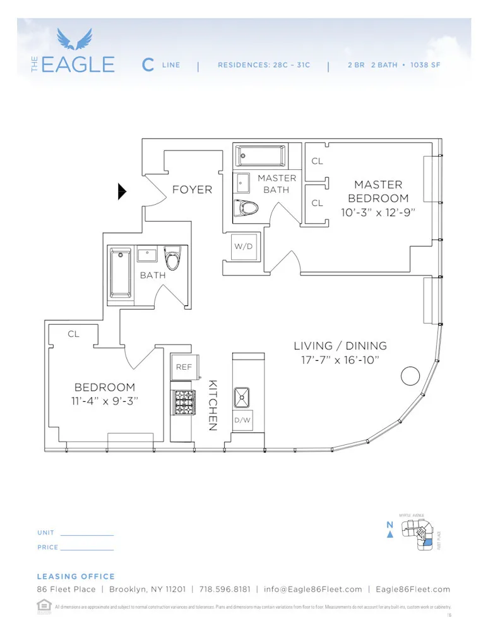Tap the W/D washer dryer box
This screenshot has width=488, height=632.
[243, 246]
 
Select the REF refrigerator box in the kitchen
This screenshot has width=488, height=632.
[184, 367]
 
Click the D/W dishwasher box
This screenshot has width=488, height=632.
[243, 420]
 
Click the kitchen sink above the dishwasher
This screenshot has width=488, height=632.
[243, 397]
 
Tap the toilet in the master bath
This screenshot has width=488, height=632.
[246, 208]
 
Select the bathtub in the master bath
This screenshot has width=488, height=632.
[260, 155]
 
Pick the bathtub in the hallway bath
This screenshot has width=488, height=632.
[121, 273]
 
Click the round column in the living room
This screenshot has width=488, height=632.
[410, 377]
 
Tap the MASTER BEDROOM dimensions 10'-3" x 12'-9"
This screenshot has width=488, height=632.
[378, 212]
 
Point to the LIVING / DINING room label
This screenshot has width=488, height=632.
[340, 346]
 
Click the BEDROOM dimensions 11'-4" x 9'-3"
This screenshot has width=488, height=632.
[105, 401]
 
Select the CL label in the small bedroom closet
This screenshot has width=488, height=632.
[74, 334]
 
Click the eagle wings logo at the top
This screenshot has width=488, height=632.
[74, 39]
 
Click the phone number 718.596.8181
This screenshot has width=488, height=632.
[224, 589]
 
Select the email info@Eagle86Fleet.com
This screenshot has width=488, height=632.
[313, 589]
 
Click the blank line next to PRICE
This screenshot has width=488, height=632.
[87, 549]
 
